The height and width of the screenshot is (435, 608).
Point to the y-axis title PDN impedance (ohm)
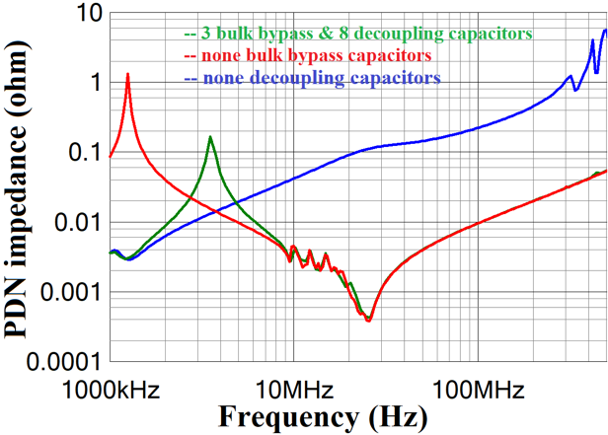[21, 187]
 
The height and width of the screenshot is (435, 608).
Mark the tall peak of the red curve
[127, 74]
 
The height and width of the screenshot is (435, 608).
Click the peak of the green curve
[210, 137]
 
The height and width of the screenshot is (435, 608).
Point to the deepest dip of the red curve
[369, 321]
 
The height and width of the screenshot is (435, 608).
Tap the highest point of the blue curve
[605, 30]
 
